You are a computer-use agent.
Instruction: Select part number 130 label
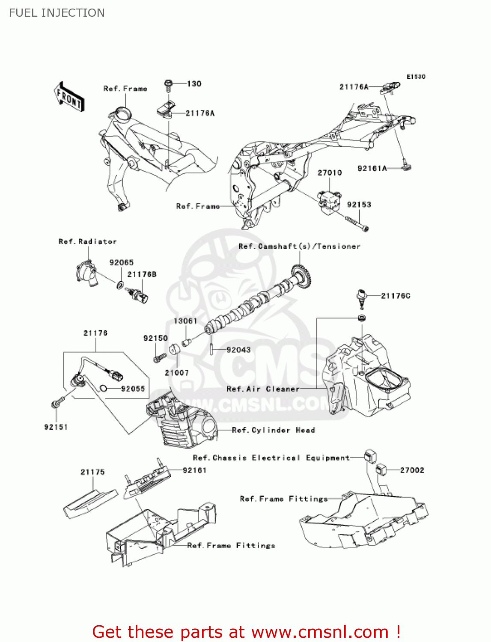point(194,84)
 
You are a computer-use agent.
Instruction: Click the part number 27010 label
point(330,173)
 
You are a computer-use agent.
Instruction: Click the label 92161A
point(372,169)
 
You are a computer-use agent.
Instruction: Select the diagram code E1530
point(416,77)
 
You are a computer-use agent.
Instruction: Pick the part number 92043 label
point(238,350)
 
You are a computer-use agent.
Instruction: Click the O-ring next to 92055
point(103,389)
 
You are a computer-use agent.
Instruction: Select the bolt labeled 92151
point(57,403)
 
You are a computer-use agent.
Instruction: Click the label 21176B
point(142,274)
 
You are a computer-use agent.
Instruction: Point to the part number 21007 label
point(177,373)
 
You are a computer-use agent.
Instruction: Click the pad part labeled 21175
point(90,502)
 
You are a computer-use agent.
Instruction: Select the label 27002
point(412,470)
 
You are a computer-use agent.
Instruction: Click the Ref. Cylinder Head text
point(273,430)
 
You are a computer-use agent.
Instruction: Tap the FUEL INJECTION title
point(57,13)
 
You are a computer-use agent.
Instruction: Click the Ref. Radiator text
point(87,241)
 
